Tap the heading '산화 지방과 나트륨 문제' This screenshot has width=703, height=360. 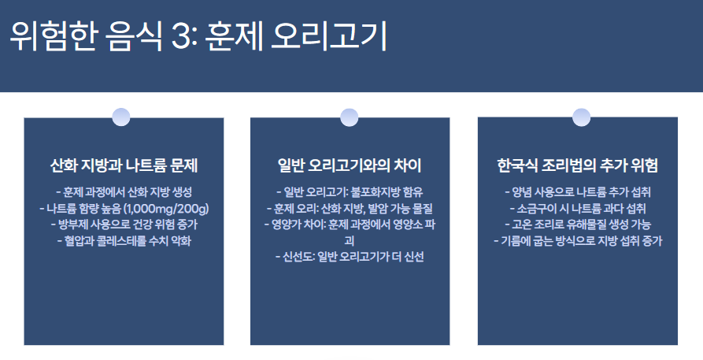(124, 166)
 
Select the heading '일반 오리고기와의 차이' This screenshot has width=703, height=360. (350, 166)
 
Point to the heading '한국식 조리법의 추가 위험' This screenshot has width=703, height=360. (578, 166)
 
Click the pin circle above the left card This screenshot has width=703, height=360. (122, 117)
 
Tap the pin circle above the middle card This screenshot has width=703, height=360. (349, 117)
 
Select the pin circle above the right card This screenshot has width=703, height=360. (581, 117)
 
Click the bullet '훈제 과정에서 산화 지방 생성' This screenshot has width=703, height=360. (124, 192)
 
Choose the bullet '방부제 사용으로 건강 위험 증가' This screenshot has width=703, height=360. (124, 225)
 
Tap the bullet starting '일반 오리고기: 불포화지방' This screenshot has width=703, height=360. (350, 192)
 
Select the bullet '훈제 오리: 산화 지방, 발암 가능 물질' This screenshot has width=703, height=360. (350, 209)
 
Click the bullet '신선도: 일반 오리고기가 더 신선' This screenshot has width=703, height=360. (350, 258)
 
